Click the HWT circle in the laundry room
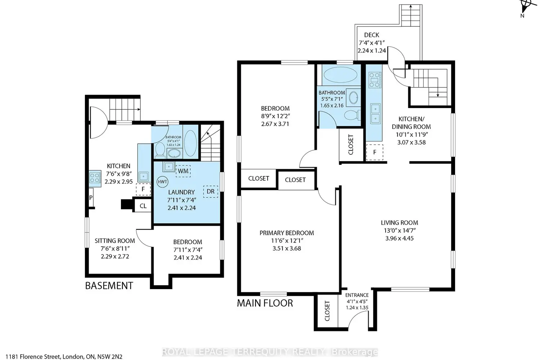tap(162, 181)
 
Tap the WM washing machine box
tap(183, 171)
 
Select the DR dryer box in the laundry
tap(211, 192)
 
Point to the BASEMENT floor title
tap(109, 286)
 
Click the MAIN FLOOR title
tap(265, 303)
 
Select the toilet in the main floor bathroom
tap(352, 115)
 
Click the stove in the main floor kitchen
tap(375, 80)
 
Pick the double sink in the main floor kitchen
tap(375, 113)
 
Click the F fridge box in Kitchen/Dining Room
tap(375, 152)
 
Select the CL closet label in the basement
tap(143, 206)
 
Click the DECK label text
tap(372, 35)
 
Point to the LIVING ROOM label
tap(400, 222)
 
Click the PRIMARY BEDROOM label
tap(287, 233)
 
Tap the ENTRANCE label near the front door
tap(357, 295)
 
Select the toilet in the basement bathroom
tap(159, 149)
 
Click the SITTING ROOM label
tap(115, 240)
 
